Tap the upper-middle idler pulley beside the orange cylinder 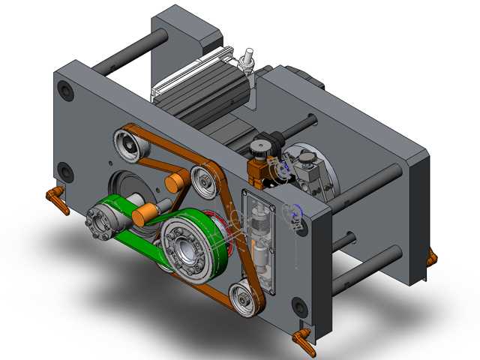point(203,178)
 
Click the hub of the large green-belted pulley point(183,246)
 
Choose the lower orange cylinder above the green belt point(142,216)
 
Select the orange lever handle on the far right point(430,259)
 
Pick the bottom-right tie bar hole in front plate point(299,306)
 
